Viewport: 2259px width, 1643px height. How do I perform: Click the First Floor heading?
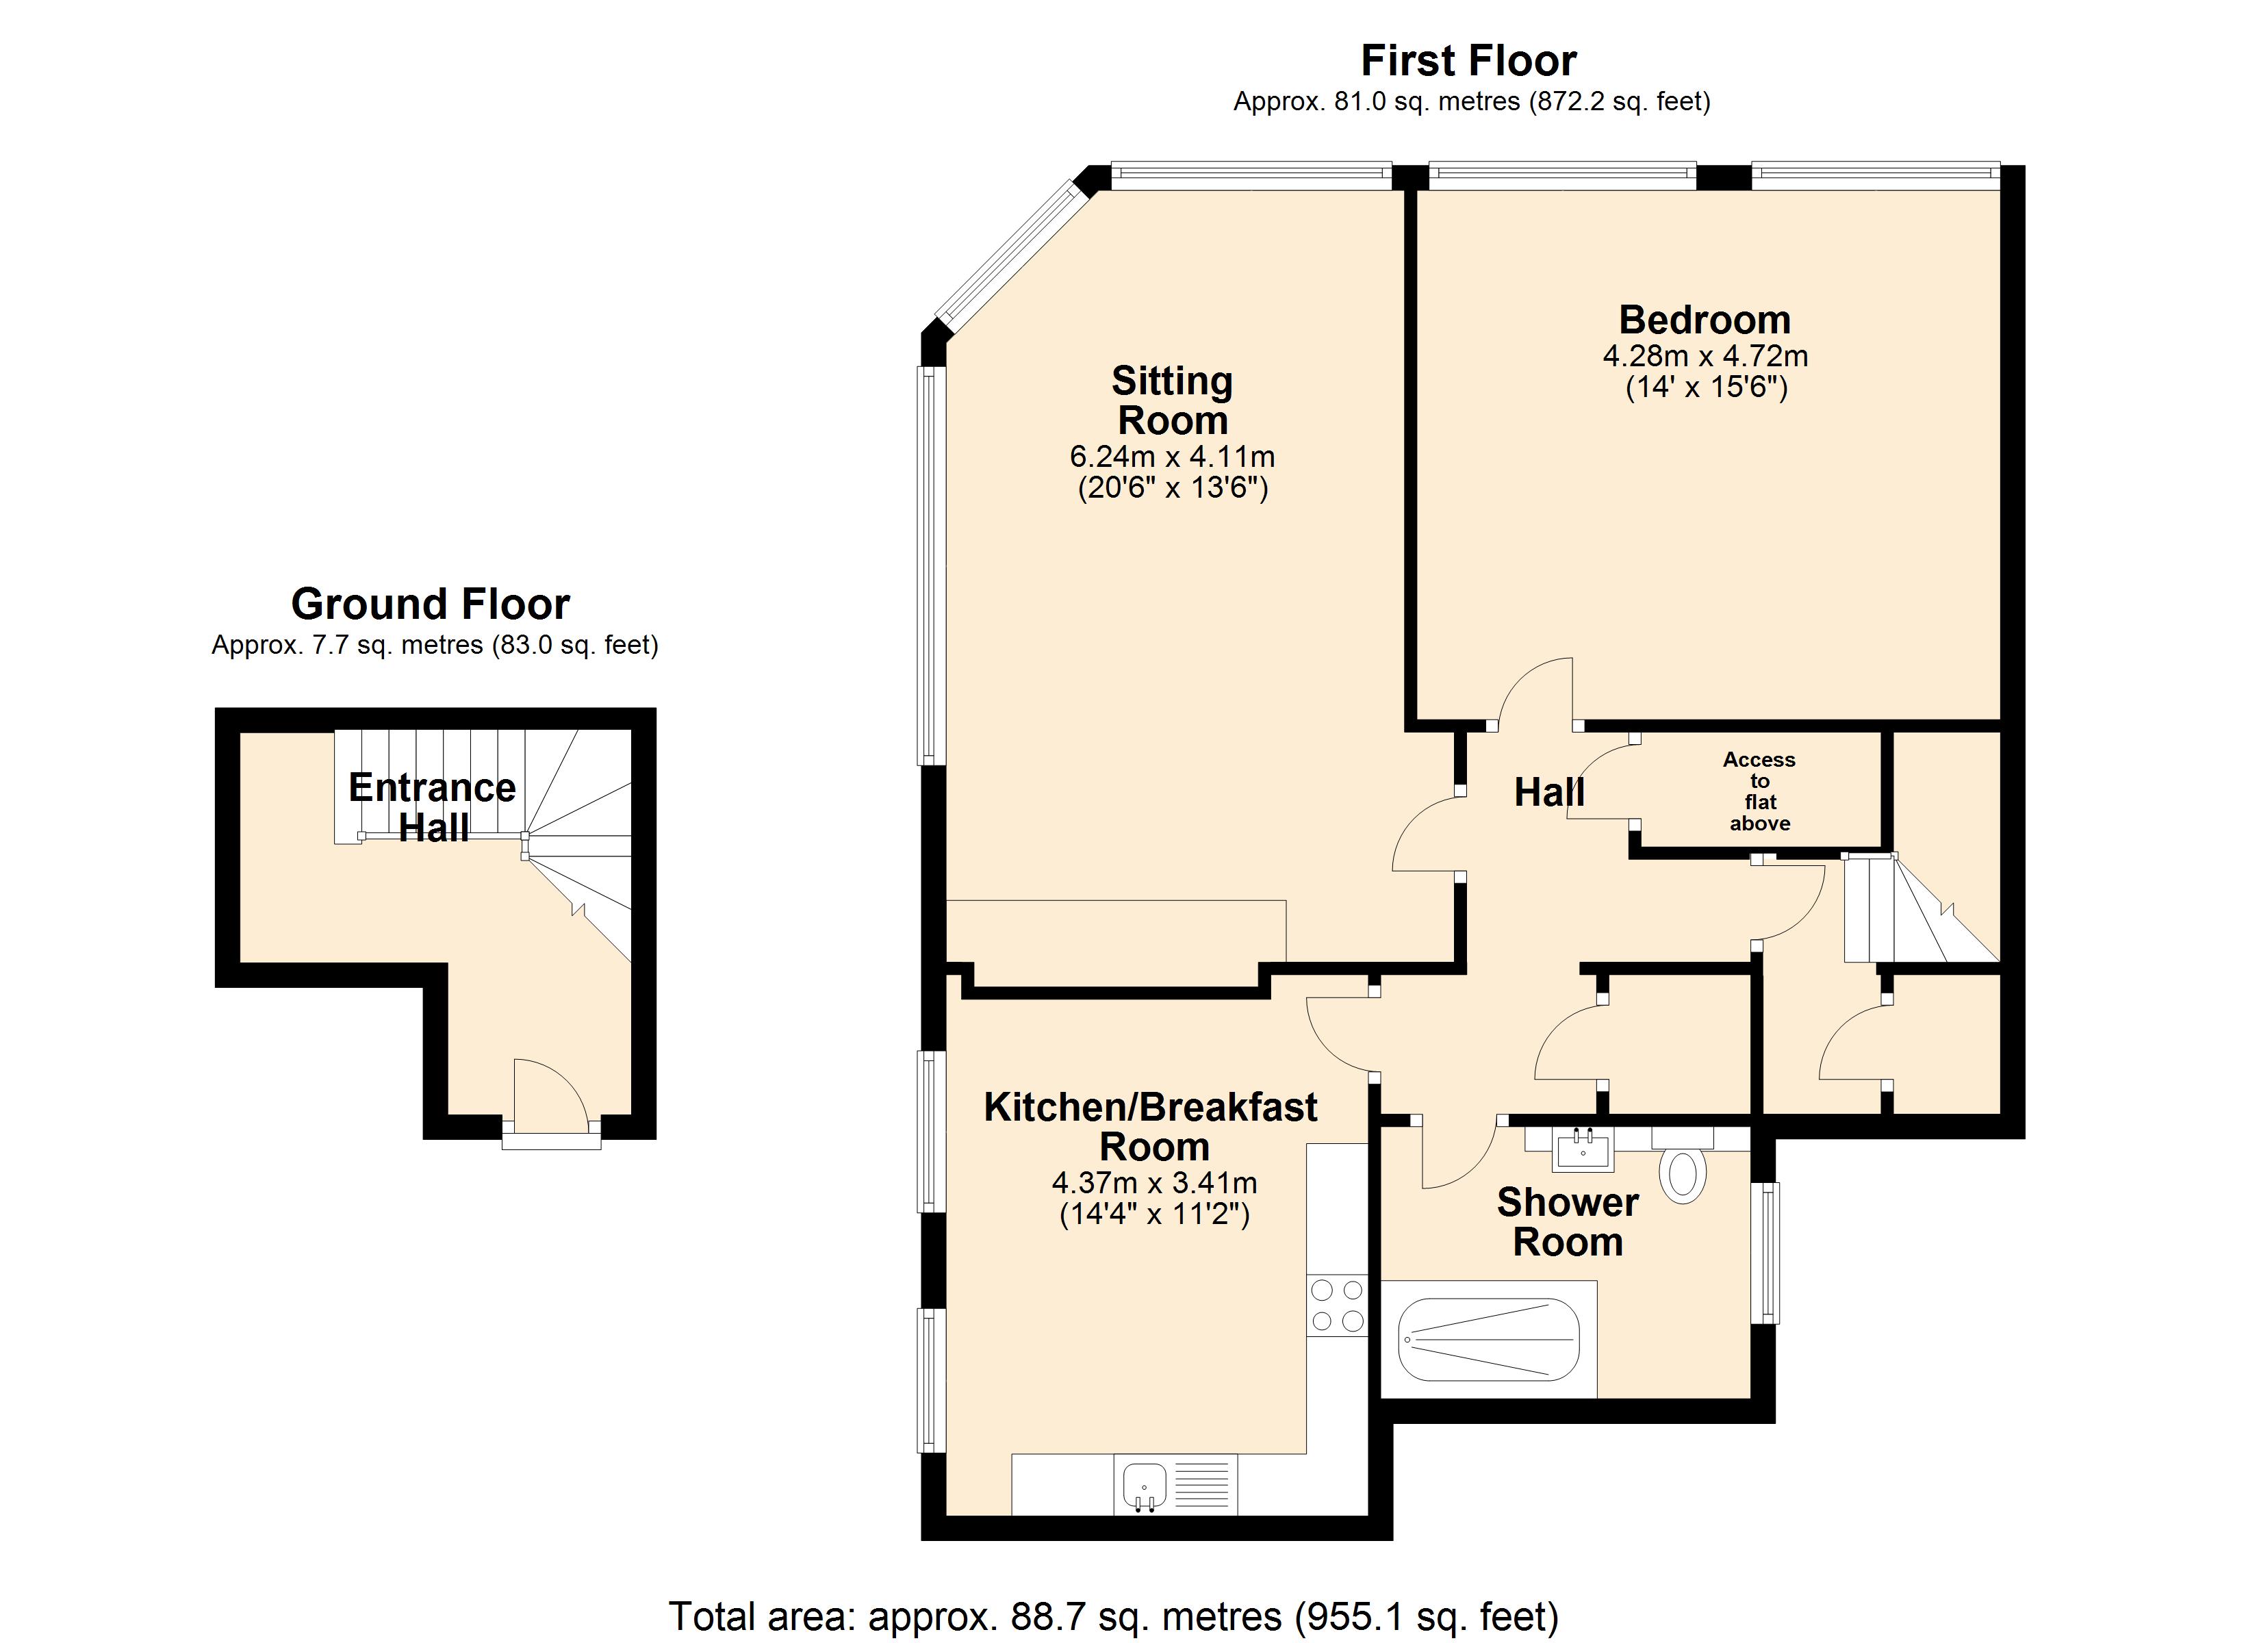(1468, 61)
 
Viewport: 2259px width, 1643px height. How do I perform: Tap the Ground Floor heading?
(431, 604)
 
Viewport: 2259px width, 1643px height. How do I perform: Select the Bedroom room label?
(1705, 320)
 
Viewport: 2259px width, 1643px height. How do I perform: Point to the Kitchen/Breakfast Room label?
(1151, 1126)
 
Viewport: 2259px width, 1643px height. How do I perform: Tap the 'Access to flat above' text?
(1759, 791)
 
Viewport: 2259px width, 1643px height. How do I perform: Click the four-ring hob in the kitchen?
(1337, 1306)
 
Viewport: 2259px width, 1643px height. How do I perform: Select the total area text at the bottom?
(1112, 1615)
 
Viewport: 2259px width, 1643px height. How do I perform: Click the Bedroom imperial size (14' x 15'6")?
(1705, 387)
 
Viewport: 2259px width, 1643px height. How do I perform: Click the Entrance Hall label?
(432, 807)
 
